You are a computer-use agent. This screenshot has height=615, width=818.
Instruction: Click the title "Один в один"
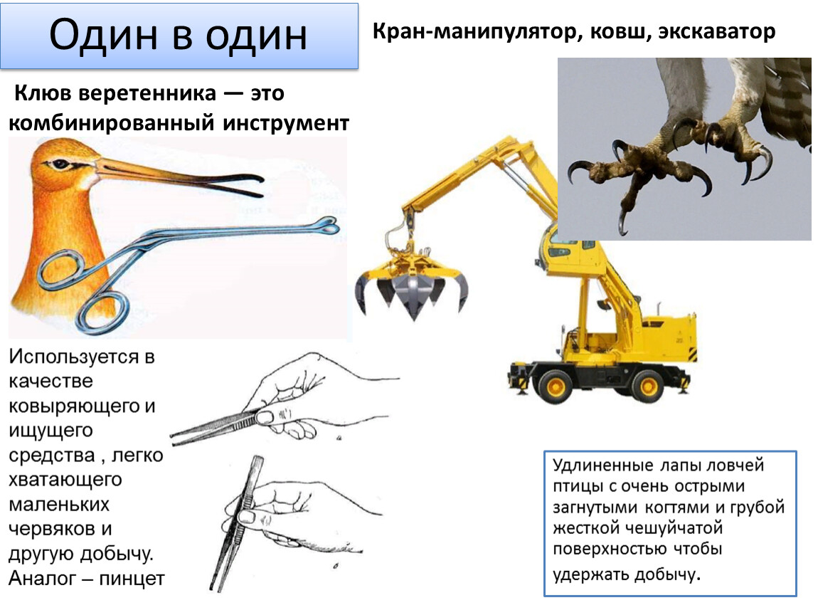click(x=178, y=35)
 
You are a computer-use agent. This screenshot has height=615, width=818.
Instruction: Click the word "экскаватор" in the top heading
click(x=717, y=31)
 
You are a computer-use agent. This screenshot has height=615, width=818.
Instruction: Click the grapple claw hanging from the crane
click(x=412, y=285)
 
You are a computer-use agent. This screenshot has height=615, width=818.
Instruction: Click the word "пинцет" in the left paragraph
click(x=132, y=579)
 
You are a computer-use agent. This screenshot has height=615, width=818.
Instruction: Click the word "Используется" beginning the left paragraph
click(x=74, y=357)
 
